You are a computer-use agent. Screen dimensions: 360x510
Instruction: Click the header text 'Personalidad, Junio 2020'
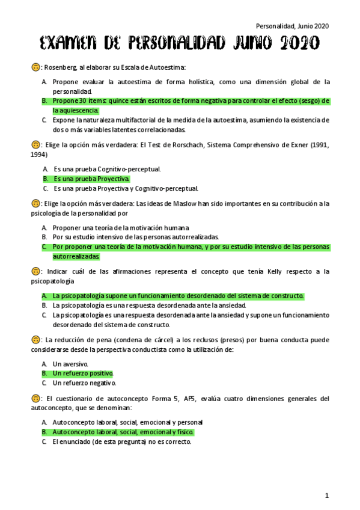point(292,26)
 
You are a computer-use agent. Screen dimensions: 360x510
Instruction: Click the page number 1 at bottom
point(327,495)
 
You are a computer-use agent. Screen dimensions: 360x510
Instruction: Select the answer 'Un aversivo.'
point(70,364)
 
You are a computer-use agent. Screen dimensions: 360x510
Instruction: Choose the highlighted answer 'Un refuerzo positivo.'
point(83,373)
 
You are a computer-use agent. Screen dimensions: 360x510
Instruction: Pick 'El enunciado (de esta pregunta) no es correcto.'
point(121,441)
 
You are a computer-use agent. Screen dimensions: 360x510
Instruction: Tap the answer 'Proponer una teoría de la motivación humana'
point(121,228)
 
